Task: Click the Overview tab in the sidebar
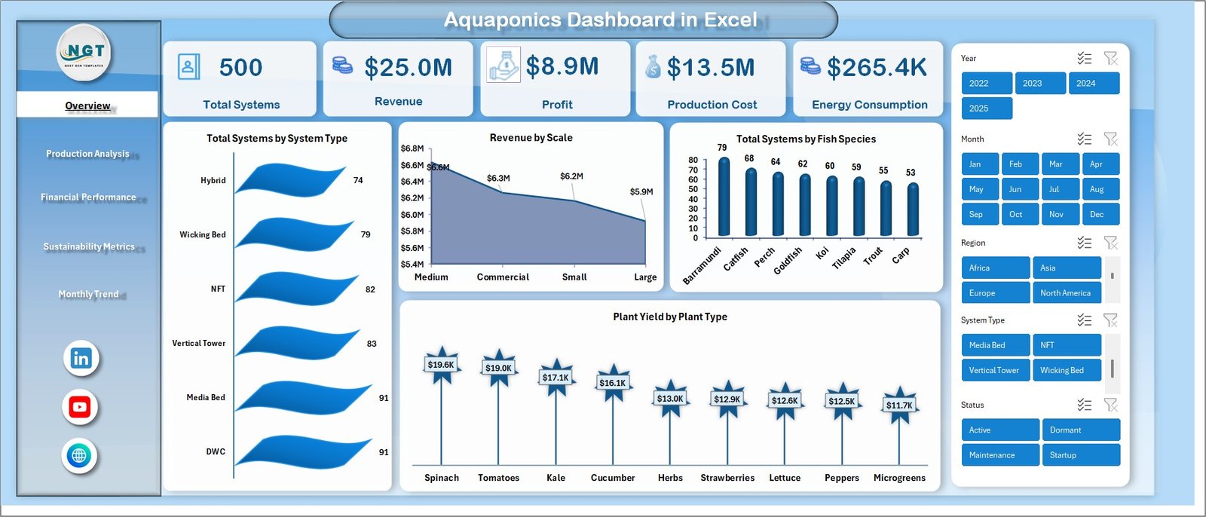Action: tap(87, 106)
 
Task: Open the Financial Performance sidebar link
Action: tap(88, 197)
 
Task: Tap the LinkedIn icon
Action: tap(81, 359)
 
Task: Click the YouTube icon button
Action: tap(80, 408)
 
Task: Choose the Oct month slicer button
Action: tap(1016, 215)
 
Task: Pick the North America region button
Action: tap(1066, 293)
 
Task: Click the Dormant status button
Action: tap(1080, 430)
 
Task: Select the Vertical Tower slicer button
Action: tap(994, 371)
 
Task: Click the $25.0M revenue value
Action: tap(408, 68)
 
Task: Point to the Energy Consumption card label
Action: tap(869, 105)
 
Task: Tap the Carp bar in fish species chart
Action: tap(913, 210)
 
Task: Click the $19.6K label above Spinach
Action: tap(441, 365)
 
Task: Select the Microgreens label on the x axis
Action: tap(899, 478)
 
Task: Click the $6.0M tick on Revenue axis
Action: tap(412, 215)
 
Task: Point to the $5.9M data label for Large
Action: tap(641, 192)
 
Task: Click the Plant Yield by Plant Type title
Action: tap(669, 317)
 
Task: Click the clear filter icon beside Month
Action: tap(1110, 139)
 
